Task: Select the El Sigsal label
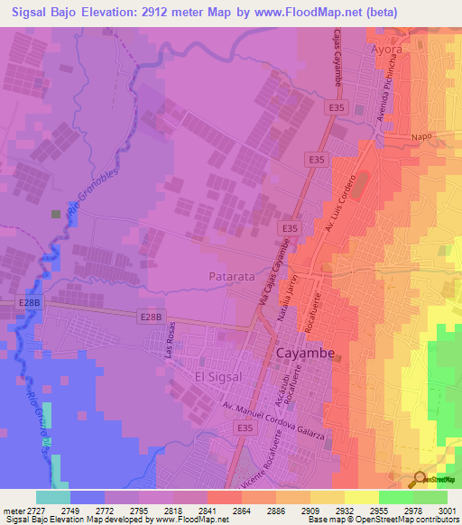[x=219, y=374]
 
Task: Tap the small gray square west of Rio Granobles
[x=56, y=214]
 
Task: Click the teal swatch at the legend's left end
[x=51, y=497]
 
